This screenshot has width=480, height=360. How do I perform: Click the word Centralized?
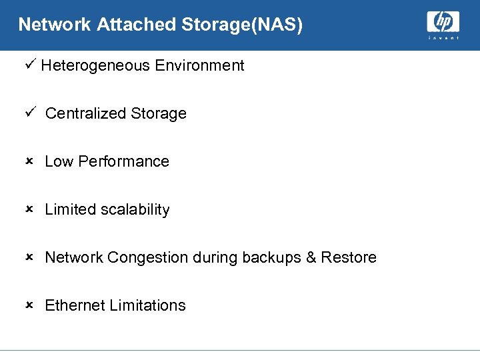pyautogui.click(x=86, y=113)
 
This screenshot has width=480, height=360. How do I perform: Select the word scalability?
pyautogui.click(x=135, y=210)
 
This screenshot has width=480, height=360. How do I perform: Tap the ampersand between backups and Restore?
pyautogui.click(x=311, y=257)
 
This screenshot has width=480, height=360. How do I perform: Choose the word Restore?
pyautogui.click(x=349, y=257)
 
